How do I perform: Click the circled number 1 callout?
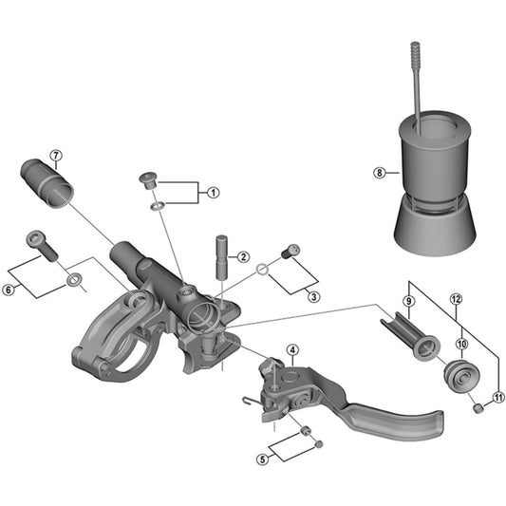pyautogui.click(x=213, y=193)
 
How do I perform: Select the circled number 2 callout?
pyautogui.click(x=244, y=257)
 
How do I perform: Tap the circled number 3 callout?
pyautogui.click(x=314, y=296)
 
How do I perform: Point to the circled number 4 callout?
pyautogui.click(x=292, y=350)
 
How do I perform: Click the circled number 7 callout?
pyautogui.click(x=56, y=156)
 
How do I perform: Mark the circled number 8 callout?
pyautogui.click(x=379, y=173)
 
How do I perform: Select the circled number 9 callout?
pyautogui.click(x=409, y=302)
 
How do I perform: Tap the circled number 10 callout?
pyautogui.click(x=462, y=344)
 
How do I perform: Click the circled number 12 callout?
pyautogui.click(x=456, y=299)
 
